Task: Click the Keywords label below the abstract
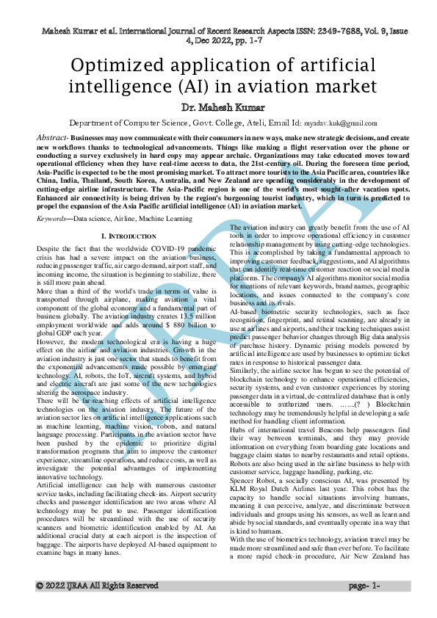tap(53, 218)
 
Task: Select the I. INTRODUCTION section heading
tap(128, 236)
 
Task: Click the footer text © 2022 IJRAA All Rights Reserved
tap(97, 586)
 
